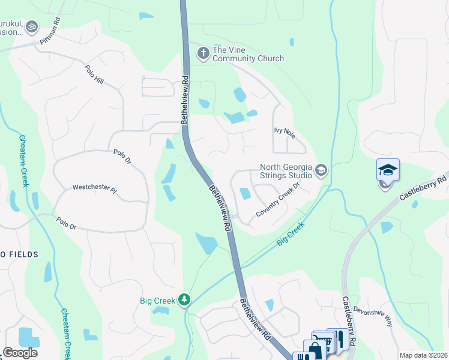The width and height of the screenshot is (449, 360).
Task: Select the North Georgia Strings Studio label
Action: click(x=286, y=171)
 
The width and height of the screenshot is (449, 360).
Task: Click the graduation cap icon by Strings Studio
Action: click(x=321, y=171)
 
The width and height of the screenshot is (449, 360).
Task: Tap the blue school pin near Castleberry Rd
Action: click(x=388, y=170)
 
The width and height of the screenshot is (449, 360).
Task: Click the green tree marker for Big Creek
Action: click(x=185, y=299)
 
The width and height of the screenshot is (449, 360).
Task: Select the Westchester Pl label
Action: click(x=94, y=188)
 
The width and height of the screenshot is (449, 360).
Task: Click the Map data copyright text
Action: click(x=423, y=355)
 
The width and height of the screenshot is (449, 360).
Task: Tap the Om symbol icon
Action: click(x=32, y=26)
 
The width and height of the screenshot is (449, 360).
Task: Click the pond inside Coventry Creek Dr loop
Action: click(x=245, y=194)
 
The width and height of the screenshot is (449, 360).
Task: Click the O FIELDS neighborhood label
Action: click(x=19, y=255)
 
